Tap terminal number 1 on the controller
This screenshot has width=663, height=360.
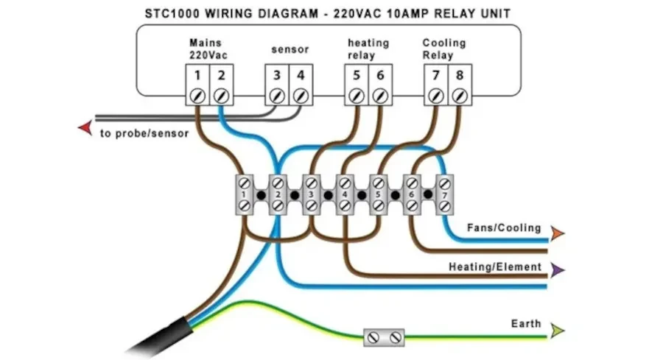point(197,77)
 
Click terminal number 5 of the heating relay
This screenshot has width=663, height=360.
point(357,77)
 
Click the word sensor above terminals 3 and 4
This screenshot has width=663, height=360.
point(290,50)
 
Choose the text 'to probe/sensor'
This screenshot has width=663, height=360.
point(144,133)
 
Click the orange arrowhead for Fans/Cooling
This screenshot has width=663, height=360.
point(558,233)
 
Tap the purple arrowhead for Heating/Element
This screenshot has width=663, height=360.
point(558,270)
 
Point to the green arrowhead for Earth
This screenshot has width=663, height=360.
point(558,331)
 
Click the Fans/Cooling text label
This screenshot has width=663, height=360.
point(504,228)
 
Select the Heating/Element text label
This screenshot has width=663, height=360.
point(495,267)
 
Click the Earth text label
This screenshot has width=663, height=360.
point(526,324)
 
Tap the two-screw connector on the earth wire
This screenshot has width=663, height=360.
point(384,337)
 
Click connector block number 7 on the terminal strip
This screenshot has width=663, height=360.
point(444,195)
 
